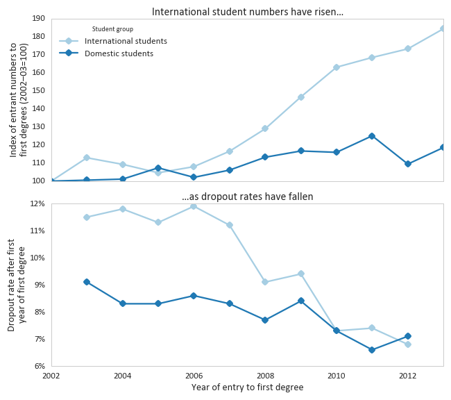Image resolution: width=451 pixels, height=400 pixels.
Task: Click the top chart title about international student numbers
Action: (248, 12)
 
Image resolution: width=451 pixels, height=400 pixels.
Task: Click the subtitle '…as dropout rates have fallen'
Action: (248, 197)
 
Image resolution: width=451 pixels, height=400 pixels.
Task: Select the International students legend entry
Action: (126, 41)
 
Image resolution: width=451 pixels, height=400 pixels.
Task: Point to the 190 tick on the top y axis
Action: (38, 18)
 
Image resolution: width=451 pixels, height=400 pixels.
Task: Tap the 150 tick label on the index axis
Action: (38, 90)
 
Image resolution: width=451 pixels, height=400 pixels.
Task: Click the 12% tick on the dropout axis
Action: (37, 203)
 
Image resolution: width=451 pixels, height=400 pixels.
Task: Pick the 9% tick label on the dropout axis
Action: (39, 285)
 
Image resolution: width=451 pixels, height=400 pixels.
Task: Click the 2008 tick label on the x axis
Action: (265, 376)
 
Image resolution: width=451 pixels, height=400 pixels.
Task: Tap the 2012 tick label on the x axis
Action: (408, 376)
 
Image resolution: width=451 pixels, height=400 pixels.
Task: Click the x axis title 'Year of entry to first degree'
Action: (248, 387)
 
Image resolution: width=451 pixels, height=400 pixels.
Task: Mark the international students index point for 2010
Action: (337, 67)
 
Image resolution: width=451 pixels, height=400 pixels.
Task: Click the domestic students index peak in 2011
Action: (372, 136)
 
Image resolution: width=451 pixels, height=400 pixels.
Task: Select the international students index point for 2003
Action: (87, 158)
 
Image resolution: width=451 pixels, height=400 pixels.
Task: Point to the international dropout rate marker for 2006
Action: (194, 206)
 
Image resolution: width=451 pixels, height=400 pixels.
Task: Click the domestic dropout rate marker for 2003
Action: (87, 282)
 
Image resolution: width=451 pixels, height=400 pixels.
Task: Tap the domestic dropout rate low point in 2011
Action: (372, 350)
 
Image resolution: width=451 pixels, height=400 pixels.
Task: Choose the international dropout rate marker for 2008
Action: (265, 282)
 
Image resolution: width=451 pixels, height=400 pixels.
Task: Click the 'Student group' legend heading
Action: (112, 29)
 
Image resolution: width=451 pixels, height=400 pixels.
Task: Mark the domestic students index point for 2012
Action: (408, 164)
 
